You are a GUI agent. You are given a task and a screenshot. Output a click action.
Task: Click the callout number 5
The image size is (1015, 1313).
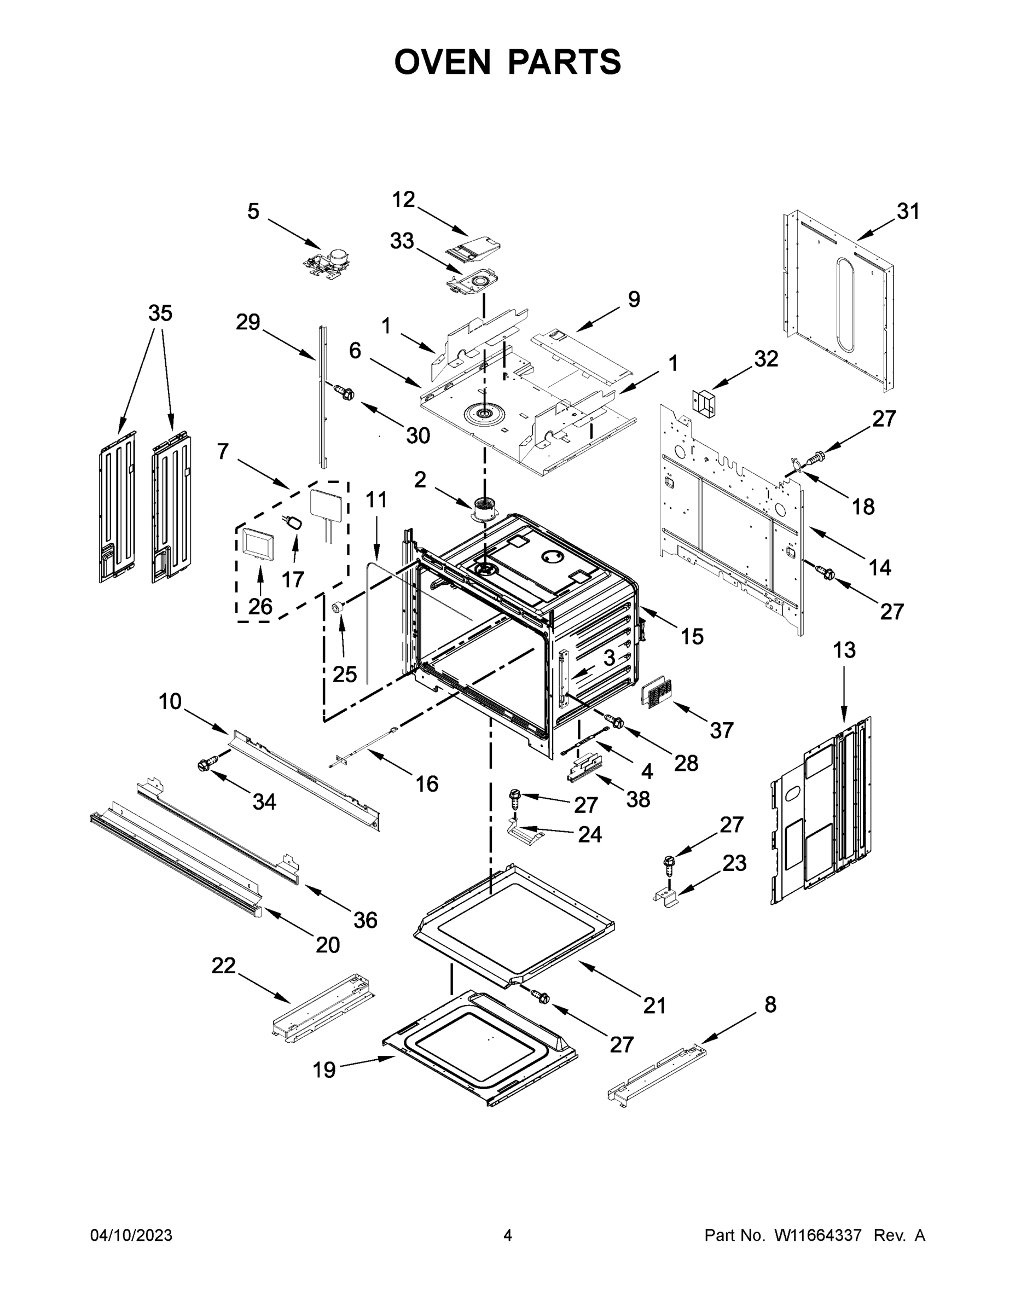click(253, 212)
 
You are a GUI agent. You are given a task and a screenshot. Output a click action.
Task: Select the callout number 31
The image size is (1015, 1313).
click(908, 212)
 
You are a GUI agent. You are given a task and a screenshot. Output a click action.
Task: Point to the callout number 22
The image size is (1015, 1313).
click(223, 966)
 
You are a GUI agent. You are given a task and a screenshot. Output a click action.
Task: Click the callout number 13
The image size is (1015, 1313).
click(844, 650)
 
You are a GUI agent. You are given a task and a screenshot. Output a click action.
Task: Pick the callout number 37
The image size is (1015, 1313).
click(722, 730)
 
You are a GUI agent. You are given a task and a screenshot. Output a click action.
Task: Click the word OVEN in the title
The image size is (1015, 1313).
click(443, 61)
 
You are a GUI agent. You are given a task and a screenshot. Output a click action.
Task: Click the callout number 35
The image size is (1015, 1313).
click(160, 313)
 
